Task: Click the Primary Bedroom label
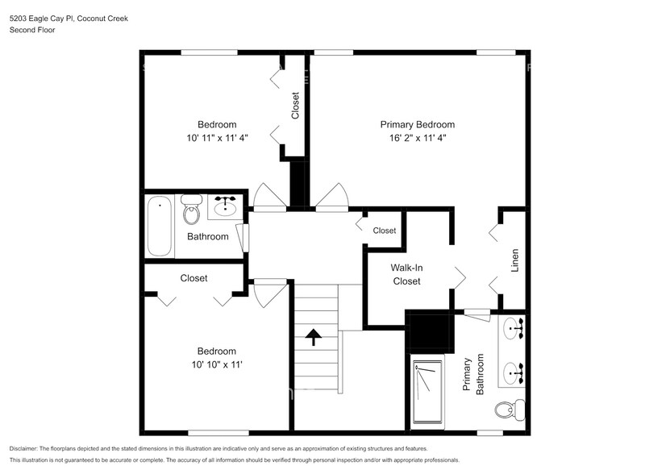(x=417, y=124)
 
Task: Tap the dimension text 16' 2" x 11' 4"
(x=417, y=138)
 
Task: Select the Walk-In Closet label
(x=406, y=274)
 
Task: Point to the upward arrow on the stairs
(x=313, y=336)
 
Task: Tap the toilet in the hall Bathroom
(x=191, y=212)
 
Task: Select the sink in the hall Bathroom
(x=225, y=209)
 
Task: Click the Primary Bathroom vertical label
(x=472, y=373)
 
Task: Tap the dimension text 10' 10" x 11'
(x=217, y=364)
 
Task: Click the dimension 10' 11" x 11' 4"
(x=217, y=138)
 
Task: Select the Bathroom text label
(x=207, y=236)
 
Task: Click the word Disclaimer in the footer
(x=24, y=448)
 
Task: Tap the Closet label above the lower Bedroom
(x=194, y=278)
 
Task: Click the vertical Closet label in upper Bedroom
(x=295, y=106)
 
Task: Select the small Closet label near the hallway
(x=385, y=231)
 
